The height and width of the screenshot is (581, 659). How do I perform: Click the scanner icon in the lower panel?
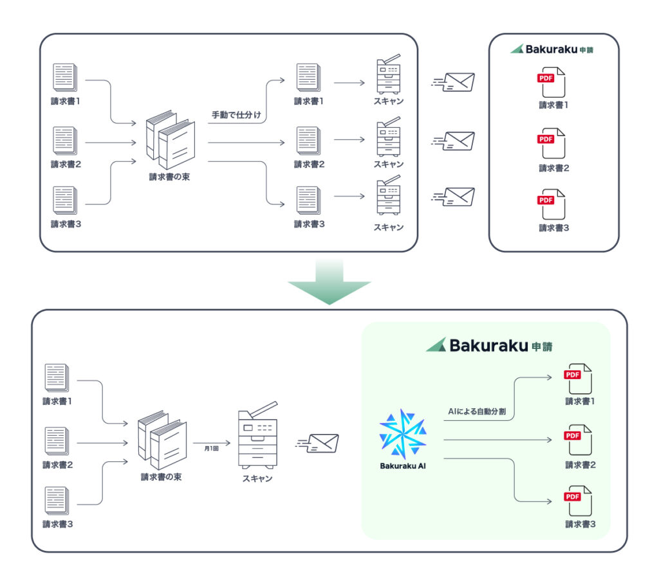click(257, 439)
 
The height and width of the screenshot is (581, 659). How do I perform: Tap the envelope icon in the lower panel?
click(319, 443)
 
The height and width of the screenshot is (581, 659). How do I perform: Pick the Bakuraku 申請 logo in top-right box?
click(552, 49)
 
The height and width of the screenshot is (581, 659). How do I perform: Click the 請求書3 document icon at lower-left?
click(57, 501)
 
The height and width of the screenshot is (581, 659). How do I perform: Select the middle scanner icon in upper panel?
click(388, 137)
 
